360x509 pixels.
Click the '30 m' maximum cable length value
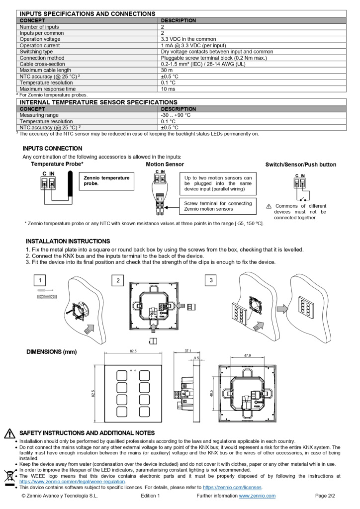click(167, 70)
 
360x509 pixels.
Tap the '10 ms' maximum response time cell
click(168, 89)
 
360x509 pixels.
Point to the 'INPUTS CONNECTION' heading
click(52, 149)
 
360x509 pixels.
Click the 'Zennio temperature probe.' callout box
click(107, 180)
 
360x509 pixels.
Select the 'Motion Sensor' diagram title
click(165, 164)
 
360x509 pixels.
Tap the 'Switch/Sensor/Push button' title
click(301, 165)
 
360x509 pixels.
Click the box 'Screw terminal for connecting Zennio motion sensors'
click(218, 206)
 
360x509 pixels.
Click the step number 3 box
click(211, 280)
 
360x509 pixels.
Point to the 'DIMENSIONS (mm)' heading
click(51, 352)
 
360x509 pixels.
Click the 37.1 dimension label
click(187, 351)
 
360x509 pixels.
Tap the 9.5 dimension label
click(196, 358)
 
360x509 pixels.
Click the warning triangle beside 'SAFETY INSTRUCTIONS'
click(9, 433)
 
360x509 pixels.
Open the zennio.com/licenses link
click(232, 487)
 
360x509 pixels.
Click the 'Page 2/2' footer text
click(325, 496)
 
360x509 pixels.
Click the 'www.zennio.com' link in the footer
click(257, 496)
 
